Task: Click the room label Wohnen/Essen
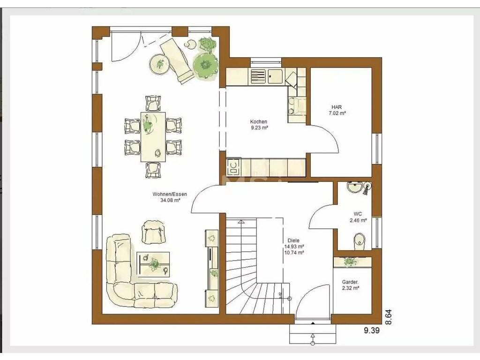coord(170,194)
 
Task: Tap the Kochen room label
coord(258,121)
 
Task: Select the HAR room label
coord(337,107)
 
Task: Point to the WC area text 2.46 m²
coord(358,220)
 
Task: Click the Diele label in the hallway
coord(293,240)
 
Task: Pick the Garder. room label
coord(351,282)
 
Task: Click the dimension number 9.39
coord(372,330)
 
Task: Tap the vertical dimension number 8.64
coord(388,317)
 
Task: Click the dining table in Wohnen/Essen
coord(153,137)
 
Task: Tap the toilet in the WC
coord(360,241)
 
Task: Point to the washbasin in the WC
coord(355,187)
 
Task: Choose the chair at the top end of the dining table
coord(153,103)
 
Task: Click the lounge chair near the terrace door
coord(177,60)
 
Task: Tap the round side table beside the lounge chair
coord(159,64)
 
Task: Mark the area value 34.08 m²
coord(170,200)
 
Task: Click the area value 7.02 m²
coord(337,113)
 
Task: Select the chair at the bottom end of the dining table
coord(153,170)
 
